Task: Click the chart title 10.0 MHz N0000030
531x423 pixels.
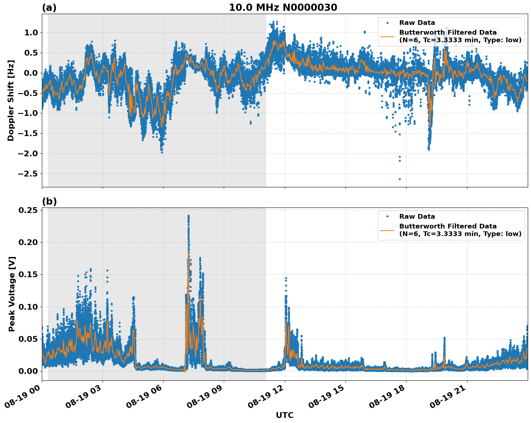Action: tap(283, 8)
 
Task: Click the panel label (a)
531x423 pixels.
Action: tap(49, 8)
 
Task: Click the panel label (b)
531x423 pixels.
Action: tap(49, 201)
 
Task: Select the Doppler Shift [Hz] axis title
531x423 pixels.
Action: tap(11, 100)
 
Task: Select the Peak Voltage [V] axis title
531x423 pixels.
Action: tap(12, 302)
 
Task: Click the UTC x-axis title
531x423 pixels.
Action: tap(284, 415)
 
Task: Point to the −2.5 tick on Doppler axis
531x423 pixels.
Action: tap(27, 174)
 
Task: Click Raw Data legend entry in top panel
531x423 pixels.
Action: tap(417, 23)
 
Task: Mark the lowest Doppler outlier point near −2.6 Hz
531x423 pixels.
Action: tap(400, 179)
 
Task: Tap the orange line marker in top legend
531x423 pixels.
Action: tap(387, 36)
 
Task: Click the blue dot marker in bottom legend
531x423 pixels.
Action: tap(387, 217)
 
